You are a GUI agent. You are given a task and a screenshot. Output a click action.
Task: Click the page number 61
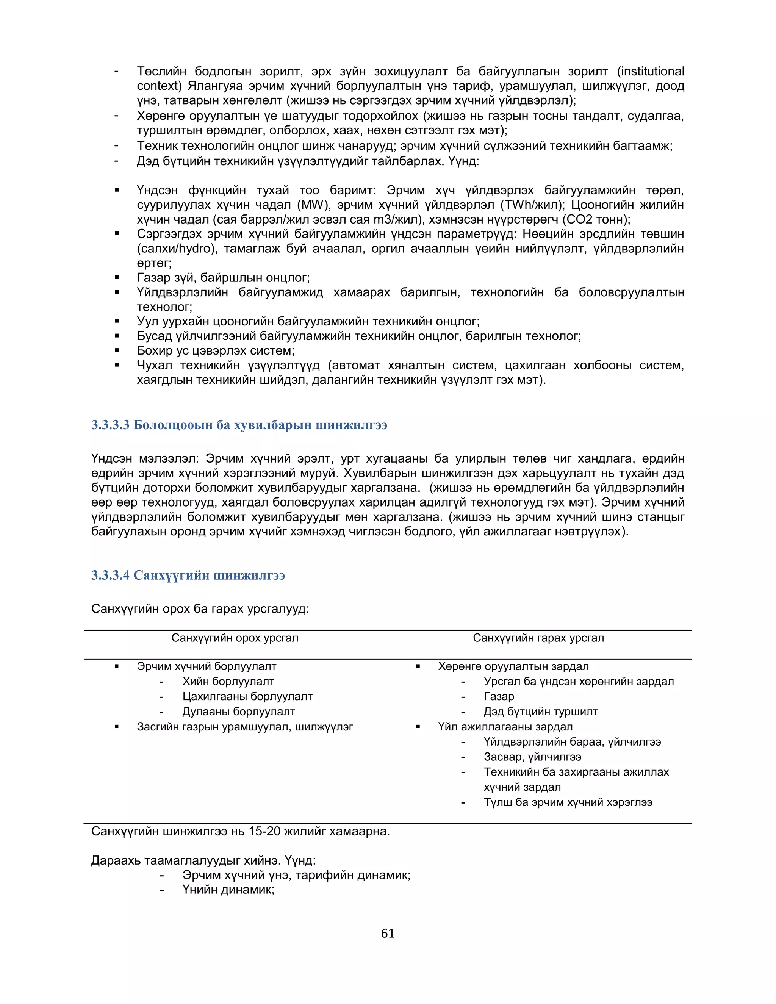[388, 933]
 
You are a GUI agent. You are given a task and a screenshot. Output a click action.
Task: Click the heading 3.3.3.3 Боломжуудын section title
[239, 425]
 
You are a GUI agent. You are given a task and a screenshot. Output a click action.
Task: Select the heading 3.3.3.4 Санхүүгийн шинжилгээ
[188, 575]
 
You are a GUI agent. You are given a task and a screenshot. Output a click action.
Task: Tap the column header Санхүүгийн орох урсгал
[235, 638]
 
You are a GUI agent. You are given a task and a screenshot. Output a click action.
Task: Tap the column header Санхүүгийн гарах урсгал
[538, 638]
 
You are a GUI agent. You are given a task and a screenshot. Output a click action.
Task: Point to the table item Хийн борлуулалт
[228, 681]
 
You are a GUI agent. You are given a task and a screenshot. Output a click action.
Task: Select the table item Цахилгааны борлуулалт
[247, 696]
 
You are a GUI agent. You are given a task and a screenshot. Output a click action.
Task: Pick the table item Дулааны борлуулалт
[239, 712]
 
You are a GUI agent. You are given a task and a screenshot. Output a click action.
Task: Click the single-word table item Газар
[499, 696]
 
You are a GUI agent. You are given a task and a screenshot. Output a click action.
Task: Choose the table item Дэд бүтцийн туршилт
[541, 712]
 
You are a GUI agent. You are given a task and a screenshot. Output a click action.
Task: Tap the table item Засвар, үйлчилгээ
[532, 757]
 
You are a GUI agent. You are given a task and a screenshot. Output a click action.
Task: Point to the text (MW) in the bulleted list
[313, 205]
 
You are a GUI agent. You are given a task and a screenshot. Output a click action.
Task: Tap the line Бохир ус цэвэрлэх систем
[216, 350]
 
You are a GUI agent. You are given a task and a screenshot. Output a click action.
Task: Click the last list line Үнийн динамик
[228, 890]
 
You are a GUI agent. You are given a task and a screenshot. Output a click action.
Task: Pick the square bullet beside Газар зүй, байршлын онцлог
[117, 278]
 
